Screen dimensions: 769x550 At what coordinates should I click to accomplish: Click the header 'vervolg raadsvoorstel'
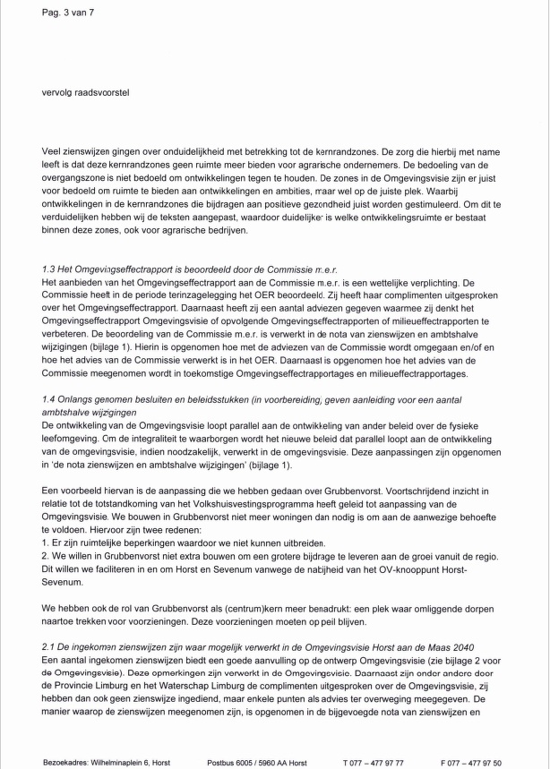click(85, 91)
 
